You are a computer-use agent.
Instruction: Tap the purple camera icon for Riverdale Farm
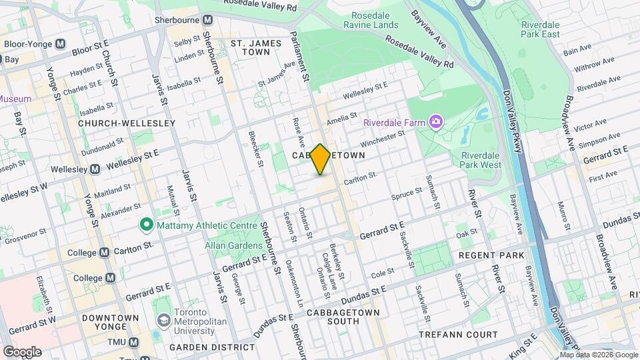point(436,121)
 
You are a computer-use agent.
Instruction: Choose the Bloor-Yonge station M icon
point(61,44)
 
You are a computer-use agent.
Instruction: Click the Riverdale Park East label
point(541,29)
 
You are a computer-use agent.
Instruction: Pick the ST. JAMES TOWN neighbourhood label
point(251,47)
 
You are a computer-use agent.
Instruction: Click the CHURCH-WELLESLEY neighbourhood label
point(126,123)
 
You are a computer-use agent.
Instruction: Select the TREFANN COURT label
point(459,334)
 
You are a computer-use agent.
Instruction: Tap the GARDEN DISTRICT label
point(211,348)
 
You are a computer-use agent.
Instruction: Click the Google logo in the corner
point(21,351)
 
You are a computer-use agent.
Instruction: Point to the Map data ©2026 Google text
point(599,355)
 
